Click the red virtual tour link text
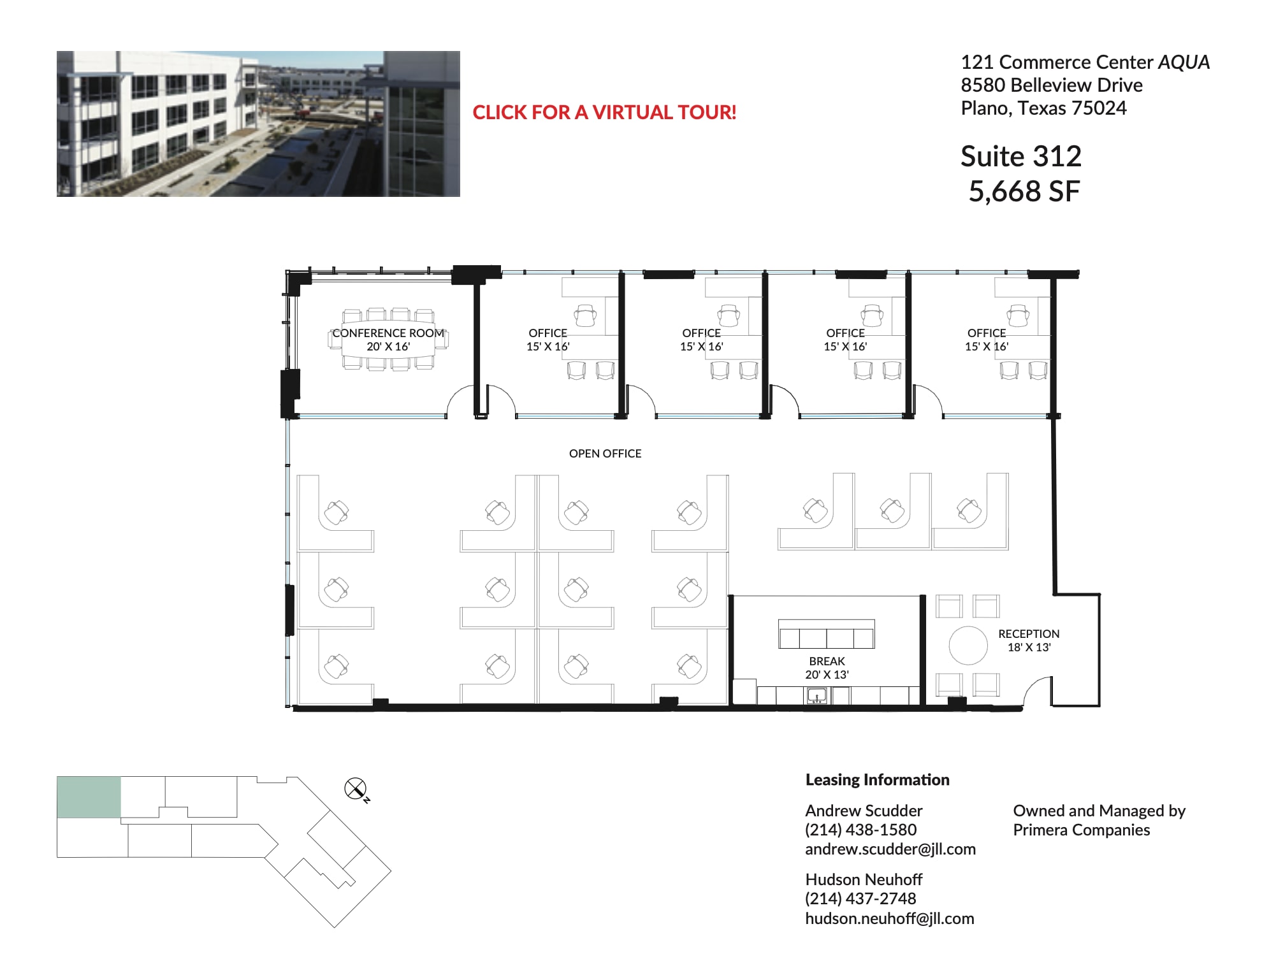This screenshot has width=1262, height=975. pos(604,113)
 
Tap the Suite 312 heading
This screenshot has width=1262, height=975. pos(1020,157)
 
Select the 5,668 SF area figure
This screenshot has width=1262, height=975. pos(1024,192)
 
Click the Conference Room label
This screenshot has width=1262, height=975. pos(388,333)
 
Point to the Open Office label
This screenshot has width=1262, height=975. pos(605,454)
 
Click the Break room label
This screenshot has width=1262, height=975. pos(827,661)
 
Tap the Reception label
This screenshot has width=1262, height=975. pos(1028,634)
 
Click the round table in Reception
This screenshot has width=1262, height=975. pos(968,645)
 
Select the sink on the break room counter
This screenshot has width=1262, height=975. pos(816,696)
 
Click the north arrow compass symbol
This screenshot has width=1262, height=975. pos(355,789)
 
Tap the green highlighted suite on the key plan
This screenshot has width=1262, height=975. pos(89,797)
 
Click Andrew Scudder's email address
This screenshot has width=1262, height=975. pos(890,849)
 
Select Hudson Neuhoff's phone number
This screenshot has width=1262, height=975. pos(860,899)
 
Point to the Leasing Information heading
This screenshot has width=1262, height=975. pos(877,780)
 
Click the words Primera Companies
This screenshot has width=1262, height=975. pos(1081,830)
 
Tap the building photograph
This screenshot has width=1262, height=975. pos(258,124)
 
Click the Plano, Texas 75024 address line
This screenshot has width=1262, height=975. pos(1043,108)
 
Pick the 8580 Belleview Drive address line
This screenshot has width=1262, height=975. pos(1051,85)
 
